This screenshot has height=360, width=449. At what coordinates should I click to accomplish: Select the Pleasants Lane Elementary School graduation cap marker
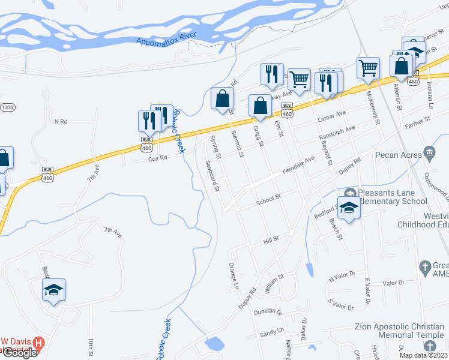tap(348, 207)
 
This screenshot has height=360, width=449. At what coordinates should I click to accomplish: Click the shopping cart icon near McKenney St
tap(368, 68)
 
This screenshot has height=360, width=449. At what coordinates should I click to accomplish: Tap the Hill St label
tap(271, 239)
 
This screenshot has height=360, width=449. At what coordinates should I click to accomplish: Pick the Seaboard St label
tap(211, 175)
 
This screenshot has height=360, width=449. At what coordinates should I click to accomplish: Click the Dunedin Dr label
tap(268, 311)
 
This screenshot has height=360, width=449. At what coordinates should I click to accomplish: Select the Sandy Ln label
tap(272, 331)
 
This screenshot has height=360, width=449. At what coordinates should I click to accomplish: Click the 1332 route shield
tap(7, 106)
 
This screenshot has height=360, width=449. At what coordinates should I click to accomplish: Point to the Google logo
tap(19, 353)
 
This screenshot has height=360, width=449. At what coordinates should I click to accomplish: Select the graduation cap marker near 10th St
tap(53, 290)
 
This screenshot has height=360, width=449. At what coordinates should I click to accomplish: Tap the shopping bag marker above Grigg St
tap(260, 106)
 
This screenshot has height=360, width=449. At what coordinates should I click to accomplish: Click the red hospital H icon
tap(39, 344)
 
